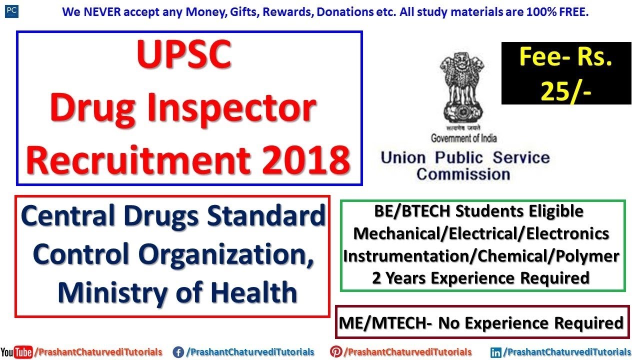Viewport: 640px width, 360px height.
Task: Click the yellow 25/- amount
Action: click(x=565, y=89)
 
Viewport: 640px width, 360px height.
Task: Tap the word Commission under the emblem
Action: click(x=463, y=174)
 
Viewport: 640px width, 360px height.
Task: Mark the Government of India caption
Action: click(x=463, y=138)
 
